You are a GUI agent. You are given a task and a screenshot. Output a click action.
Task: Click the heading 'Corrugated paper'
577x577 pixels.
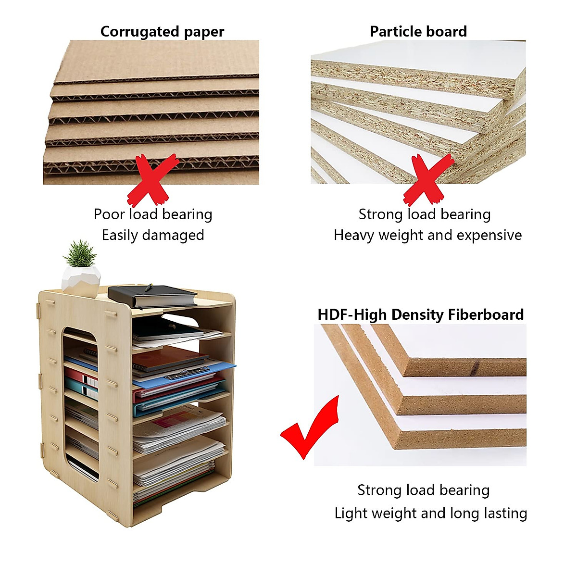click(x=162, y=32)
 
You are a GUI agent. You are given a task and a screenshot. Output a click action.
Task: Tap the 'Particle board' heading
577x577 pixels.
click(x=418, y=31)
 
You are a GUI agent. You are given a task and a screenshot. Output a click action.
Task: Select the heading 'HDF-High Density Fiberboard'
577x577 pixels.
click(x=420, y=314)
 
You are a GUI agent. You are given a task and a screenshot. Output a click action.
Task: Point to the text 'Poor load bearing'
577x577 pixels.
click(x=153, y=214)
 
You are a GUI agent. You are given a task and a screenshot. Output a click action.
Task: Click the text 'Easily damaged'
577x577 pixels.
click(x=153, y=235)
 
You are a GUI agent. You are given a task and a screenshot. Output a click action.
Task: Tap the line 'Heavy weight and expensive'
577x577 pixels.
click(x=427, y=235)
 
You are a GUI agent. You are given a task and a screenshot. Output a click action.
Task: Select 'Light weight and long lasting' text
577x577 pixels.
click(x=430, y=513)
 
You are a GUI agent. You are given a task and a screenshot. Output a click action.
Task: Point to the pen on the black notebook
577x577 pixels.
click(x=149, y=288)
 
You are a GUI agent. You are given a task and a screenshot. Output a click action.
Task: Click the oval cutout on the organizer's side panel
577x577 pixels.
click(x=80, y=404)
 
